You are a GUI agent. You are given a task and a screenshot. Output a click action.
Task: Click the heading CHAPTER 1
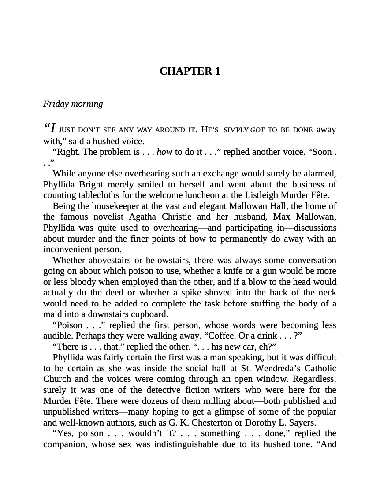pyautogui.click(x=190, y=71)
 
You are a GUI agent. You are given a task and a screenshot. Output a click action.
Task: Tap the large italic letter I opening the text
pyautogui.click(x=53, y=129)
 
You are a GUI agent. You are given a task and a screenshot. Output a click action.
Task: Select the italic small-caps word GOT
pyautogui.click(x=257, y=130)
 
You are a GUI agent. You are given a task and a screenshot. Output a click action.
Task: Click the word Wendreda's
pyautogui.click(x=265, y=368)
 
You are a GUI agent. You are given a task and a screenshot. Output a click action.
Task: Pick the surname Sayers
pyautogui.click(x=302, y=422)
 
